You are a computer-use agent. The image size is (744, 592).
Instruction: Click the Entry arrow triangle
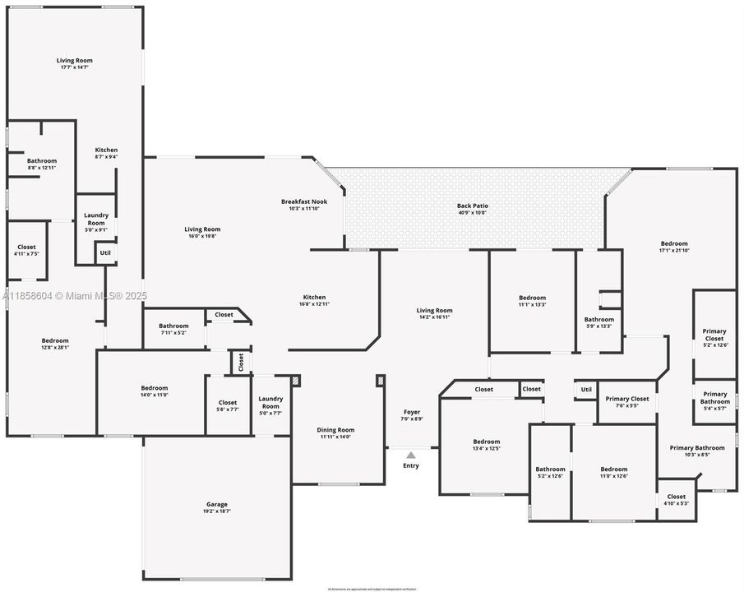(x=411, y=453)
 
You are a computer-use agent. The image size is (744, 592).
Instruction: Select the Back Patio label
(x=471, y=209)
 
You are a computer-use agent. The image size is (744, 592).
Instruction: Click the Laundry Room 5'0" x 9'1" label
(x=96, y=220)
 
